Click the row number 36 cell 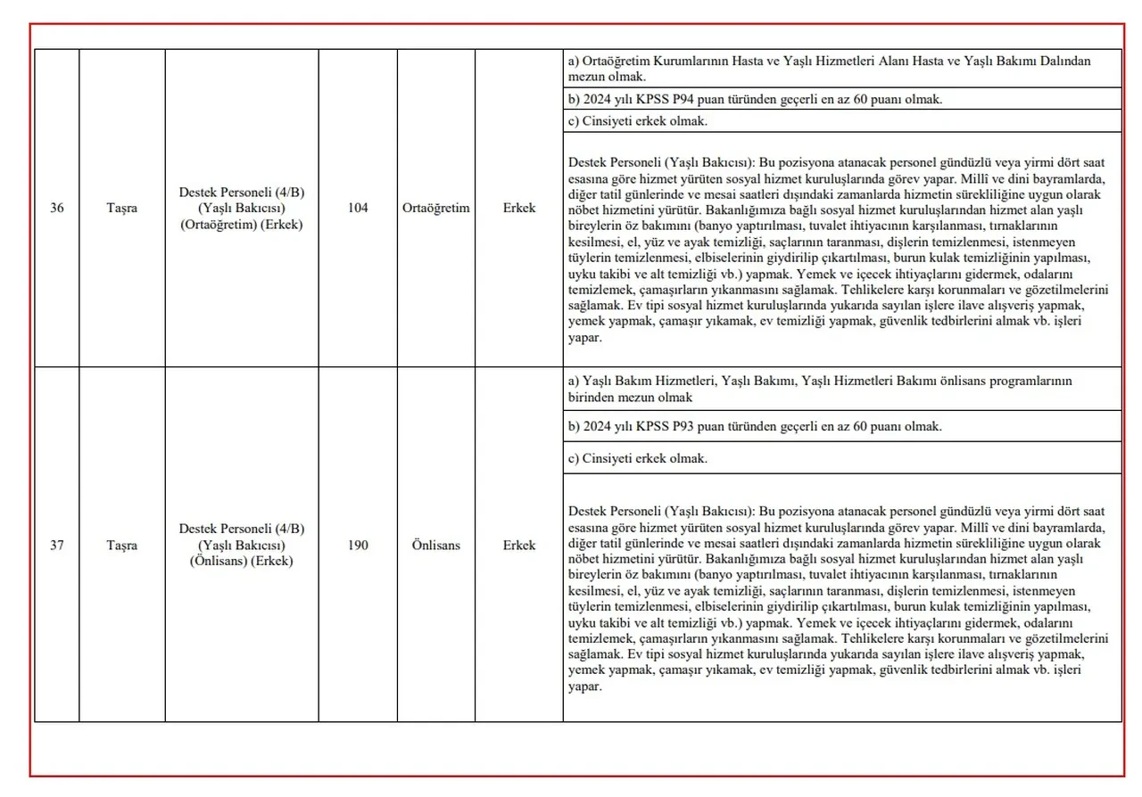click(x=56, y=208)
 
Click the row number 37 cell click(x=56, y=545)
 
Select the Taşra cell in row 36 click(x=121, y=208)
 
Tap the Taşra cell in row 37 click(x=121, y=545)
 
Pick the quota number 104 click(x=357, y=208)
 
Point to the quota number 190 click(x=357, y=545)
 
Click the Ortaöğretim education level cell click(x=436, y=208)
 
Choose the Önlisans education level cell click(x=436, y=545)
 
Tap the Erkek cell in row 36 click(x=518, y=208)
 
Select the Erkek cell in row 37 click(x=518, y=545)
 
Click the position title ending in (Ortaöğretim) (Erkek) click(x=241, y=208)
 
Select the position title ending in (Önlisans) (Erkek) click(x=241, y=545)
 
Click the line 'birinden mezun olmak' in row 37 click(x=630, y=397)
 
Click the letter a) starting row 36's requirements click(x=574, y=61)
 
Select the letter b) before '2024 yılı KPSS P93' click(x=574, y=426)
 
